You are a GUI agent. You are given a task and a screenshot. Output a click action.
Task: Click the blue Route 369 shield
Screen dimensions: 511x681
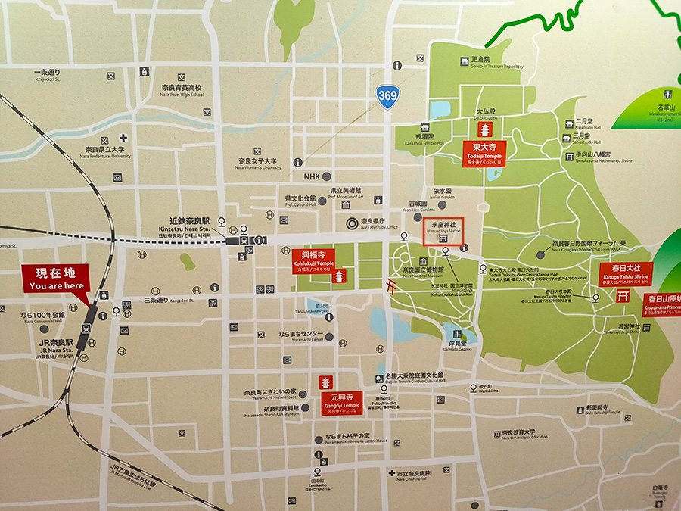point(386,96)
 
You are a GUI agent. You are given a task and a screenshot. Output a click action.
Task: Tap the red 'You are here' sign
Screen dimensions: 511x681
point(56,278)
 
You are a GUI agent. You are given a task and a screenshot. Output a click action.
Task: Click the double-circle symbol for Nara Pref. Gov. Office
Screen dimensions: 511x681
point(351,223)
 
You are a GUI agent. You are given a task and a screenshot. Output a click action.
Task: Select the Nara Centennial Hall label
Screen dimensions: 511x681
point(43,317)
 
